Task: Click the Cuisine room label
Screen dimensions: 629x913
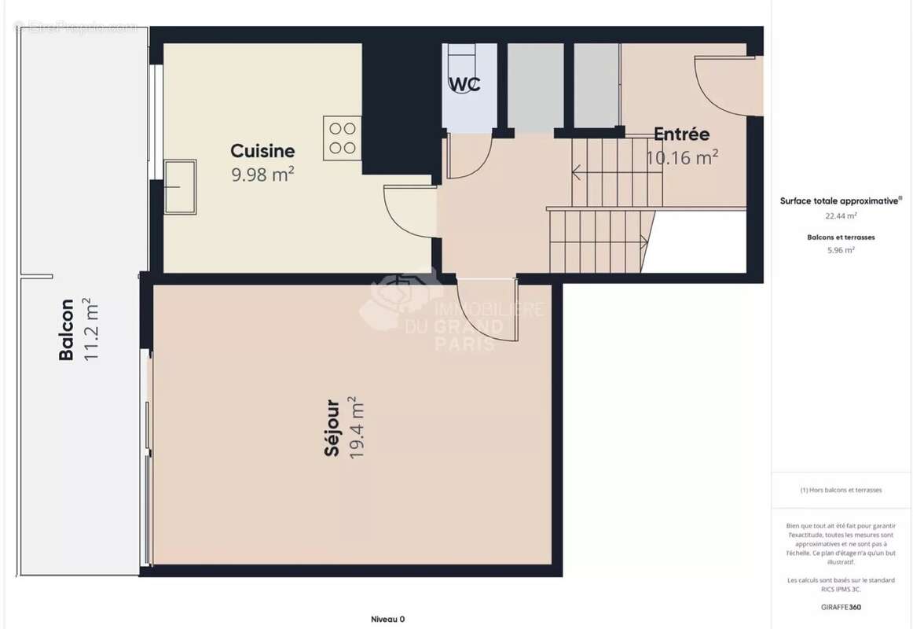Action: click(262, 151)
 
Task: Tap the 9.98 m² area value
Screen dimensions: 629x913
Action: click(262, 174)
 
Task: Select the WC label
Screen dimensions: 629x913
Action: click(464, 84)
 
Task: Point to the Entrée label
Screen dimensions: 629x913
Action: click(682, 134)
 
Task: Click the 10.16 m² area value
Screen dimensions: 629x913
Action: click(682, 158)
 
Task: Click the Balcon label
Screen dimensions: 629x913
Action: click(66, 329)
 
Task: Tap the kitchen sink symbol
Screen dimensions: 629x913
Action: click(179, 186)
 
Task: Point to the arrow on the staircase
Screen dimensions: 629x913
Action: click(578, 171)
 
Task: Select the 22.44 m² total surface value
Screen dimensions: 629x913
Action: click(841, 215)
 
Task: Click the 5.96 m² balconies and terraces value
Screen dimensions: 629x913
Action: click(841, 250)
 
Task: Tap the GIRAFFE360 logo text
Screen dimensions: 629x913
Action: click(841, 607)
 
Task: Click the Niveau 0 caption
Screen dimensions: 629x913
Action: click(388, 619)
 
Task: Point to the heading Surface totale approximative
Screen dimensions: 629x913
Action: click(841, 200)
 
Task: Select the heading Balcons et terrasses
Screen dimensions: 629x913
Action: click(841, 237)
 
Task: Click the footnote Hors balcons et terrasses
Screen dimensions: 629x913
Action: click(841, 490)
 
